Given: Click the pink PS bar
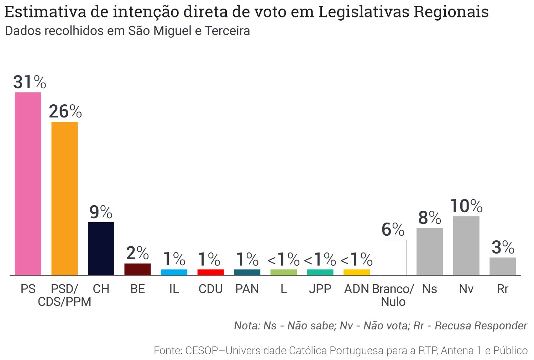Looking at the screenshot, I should (x=28, y=183).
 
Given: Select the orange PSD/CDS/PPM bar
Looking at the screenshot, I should (x=64, y=198).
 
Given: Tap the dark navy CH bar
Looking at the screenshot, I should (x=101, y=249).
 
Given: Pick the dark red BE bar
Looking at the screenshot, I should (x=137, y=269).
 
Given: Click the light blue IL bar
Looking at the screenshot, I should (x=174, y=272).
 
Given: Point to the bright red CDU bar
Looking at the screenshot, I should (x=210, y=272).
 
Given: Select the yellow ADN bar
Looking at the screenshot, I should (x=356, y=272).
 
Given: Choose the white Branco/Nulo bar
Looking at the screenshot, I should (x=393, y=257).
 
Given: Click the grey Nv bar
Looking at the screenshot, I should (x=466, y=246).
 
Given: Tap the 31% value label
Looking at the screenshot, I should (x=30, y=82).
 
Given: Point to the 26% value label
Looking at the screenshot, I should (x=65, y=112).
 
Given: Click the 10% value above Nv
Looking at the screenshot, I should (x=466, y=206).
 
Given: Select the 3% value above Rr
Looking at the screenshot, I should (x=503, y=247).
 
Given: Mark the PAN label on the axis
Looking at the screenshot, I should (x=247, y=289).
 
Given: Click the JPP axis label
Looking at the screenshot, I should (x=320, y=289).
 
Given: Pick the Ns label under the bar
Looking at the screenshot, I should (x=429, y=289).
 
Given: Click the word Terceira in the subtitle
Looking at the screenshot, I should (x=227, y=31).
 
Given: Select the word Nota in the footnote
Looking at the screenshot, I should (x=247, y=325).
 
